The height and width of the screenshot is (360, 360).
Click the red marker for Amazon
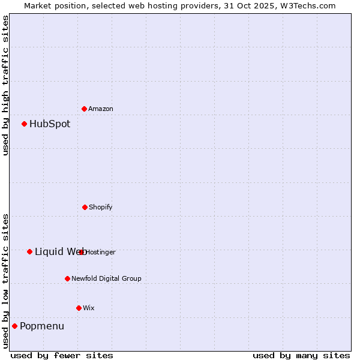(x=85, y=109)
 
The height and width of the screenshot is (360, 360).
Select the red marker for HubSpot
(x=25, y=124)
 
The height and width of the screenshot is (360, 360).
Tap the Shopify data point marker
(x=85, y=207)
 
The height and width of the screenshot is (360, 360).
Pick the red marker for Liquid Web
(x=29, y=251)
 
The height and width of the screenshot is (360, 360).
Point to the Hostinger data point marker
(x=82, y=252)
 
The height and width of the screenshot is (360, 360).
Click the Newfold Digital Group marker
(x=67, y=278)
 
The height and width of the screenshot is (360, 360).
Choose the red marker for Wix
(x=79, y=308)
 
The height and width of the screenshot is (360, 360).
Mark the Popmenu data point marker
(x=15, y=326)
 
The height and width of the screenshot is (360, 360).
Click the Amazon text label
(x=101, y=109)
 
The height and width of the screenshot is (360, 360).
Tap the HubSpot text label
(x=50, y=124)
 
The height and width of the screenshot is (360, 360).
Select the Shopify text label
(x=101, y=208)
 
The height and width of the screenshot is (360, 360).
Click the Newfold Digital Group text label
(x=107, y=279)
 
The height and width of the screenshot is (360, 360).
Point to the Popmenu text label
(x=42, y=326)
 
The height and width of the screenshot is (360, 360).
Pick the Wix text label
(x=89, y=308)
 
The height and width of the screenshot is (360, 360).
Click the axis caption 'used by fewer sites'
(x=62, y=355)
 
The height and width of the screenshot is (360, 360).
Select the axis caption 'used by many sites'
(x=301, y=355)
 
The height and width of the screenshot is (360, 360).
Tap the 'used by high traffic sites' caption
(x=5, y=85)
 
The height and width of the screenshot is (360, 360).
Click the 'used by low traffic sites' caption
(x=5, y=281)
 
